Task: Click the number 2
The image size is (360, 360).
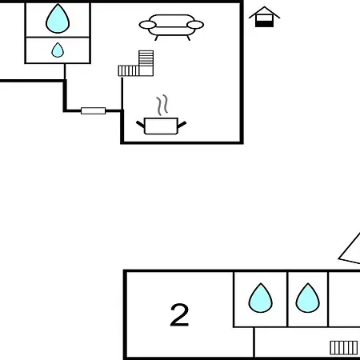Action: click(x=179, y=314)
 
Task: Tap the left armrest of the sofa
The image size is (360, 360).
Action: click(x=147, y=25)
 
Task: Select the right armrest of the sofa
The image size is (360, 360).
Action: click(x=195, y=25)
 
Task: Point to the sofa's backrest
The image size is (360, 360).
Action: click(x=172, y=20)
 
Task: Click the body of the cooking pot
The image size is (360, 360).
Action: click(x=161, y=126)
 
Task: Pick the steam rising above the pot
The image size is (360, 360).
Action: click(x=162, y=105)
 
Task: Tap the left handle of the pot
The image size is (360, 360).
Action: click(x=140, y=124)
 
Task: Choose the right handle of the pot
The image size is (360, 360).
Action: click(x=182, y=124)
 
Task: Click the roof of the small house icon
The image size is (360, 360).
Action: click(x=264, y=12)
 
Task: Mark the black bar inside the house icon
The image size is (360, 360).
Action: click(x=264, y=24)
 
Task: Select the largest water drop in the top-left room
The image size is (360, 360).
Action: click(x=58, y=18)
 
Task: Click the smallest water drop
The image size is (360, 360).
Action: click(x=58, y=50)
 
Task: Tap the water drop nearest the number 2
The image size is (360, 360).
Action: click(x=261, y=298)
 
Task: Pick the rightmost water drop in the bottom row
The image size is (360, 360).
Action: click(x=308, y=298)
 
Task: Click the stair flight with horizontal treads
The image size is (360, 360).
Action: click(x=146, y=58)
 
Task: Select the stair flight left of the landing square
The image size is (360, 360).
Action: click(x=129, y=71)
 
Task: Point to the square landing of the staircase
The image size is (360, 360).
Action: click(x=146, y=71)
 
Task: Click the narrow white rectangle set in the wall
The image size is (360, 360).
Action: click(x=94, y=110)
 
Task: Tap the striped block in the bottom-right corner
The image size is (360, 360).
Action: click(x=344, y=348)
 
